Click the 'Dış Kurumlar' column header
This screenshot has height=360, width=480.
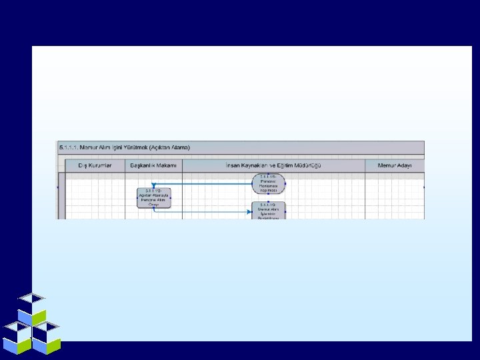tap(92, 165)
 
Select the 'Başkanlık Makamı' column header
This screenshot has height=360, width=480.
tap(153, 165)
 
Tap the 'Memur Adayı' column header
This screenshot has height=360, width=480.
tap(395, 165)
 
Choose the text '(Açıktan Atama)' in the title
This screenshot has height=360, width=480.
tap(171, 147)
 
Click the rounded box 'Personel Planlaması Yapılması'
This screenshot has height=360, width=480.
tap(269, 184)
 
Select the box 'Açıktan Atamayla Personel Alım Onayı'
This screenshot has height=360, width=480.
tap(154, 198)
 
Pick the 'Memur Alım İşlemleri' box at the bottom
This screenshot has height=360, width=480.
tap(269, 211)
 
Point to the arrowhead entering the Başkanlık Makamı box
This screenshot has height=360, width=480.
tap(155, 185)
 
